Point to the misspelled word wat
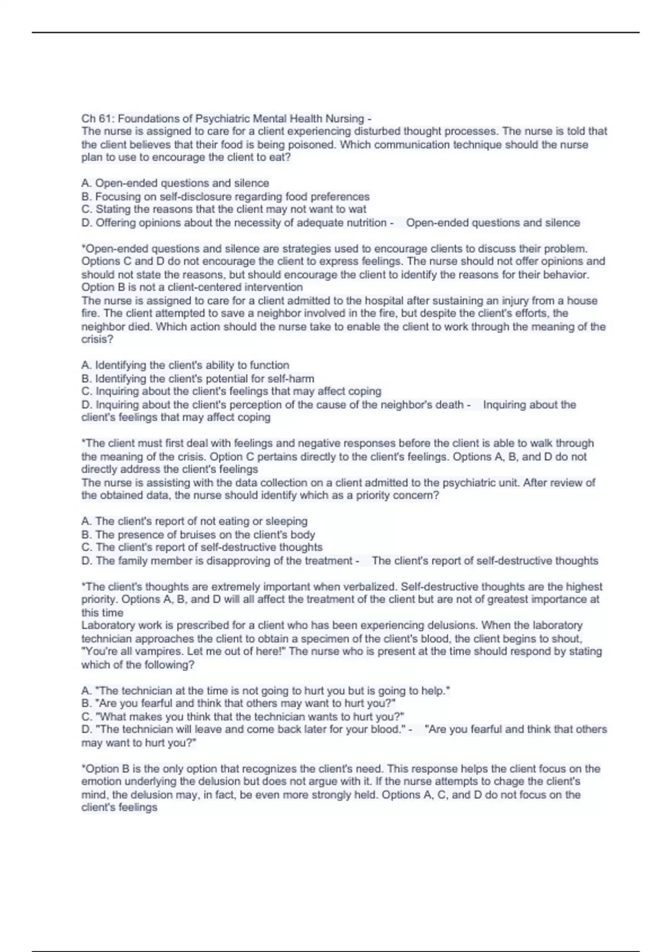pos(357,209)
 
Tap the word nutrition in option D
pos(365,223)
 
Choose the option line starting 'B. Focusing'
pos(225,197)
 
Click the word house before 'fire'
pos(582,301)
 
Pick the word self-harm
pos(291,379)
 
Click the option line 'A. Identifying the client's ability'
pos(185,365)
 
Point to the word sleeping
pos(286,521)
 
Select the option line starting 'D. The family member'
pos(217,561)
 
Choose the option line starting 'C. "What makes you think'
pos(242,717)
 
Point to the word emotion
pos(101,782)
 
